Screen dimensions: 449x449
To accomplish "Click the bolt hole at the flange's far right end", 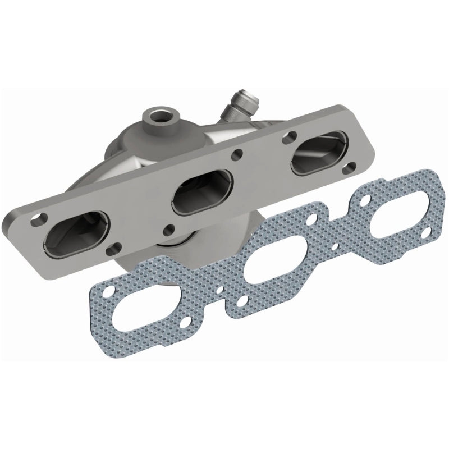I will tap(351, 166).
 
